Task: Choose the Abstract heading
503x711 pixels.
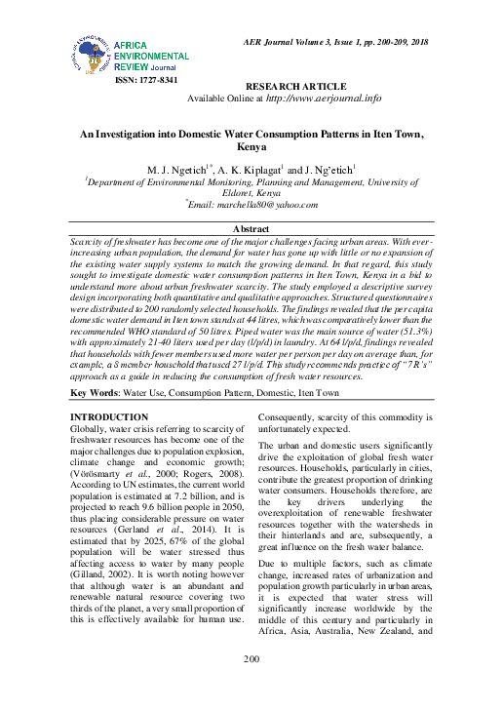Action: click(x=251, y=227)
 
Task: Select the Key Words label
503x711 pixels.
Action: click(x=94, y=393)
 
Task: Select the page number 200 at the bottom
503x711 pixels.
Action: click(x=251, y=661)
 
